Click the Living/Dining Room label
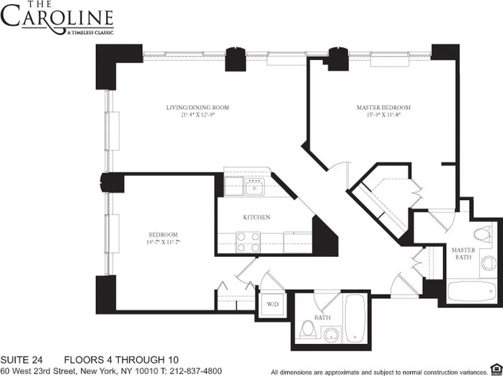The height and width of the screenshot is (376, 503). coord(198,108)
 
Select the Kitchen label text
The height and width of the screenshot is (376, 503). coord(257,218)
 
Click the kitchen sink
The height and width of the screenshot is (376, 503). coord(254,189)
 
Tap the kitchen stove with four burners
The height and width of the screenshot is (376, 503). coord(248,242)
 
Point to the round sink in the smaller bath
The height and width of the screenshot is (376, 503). coord(331,333)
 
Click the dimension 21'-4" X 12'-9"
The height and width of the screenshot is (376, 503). coord(198,115)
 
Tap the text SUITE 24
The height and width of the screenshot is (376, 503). coord(24,360)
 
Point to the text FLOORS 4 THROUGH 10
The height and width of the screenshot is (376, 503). coord(122,360)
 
